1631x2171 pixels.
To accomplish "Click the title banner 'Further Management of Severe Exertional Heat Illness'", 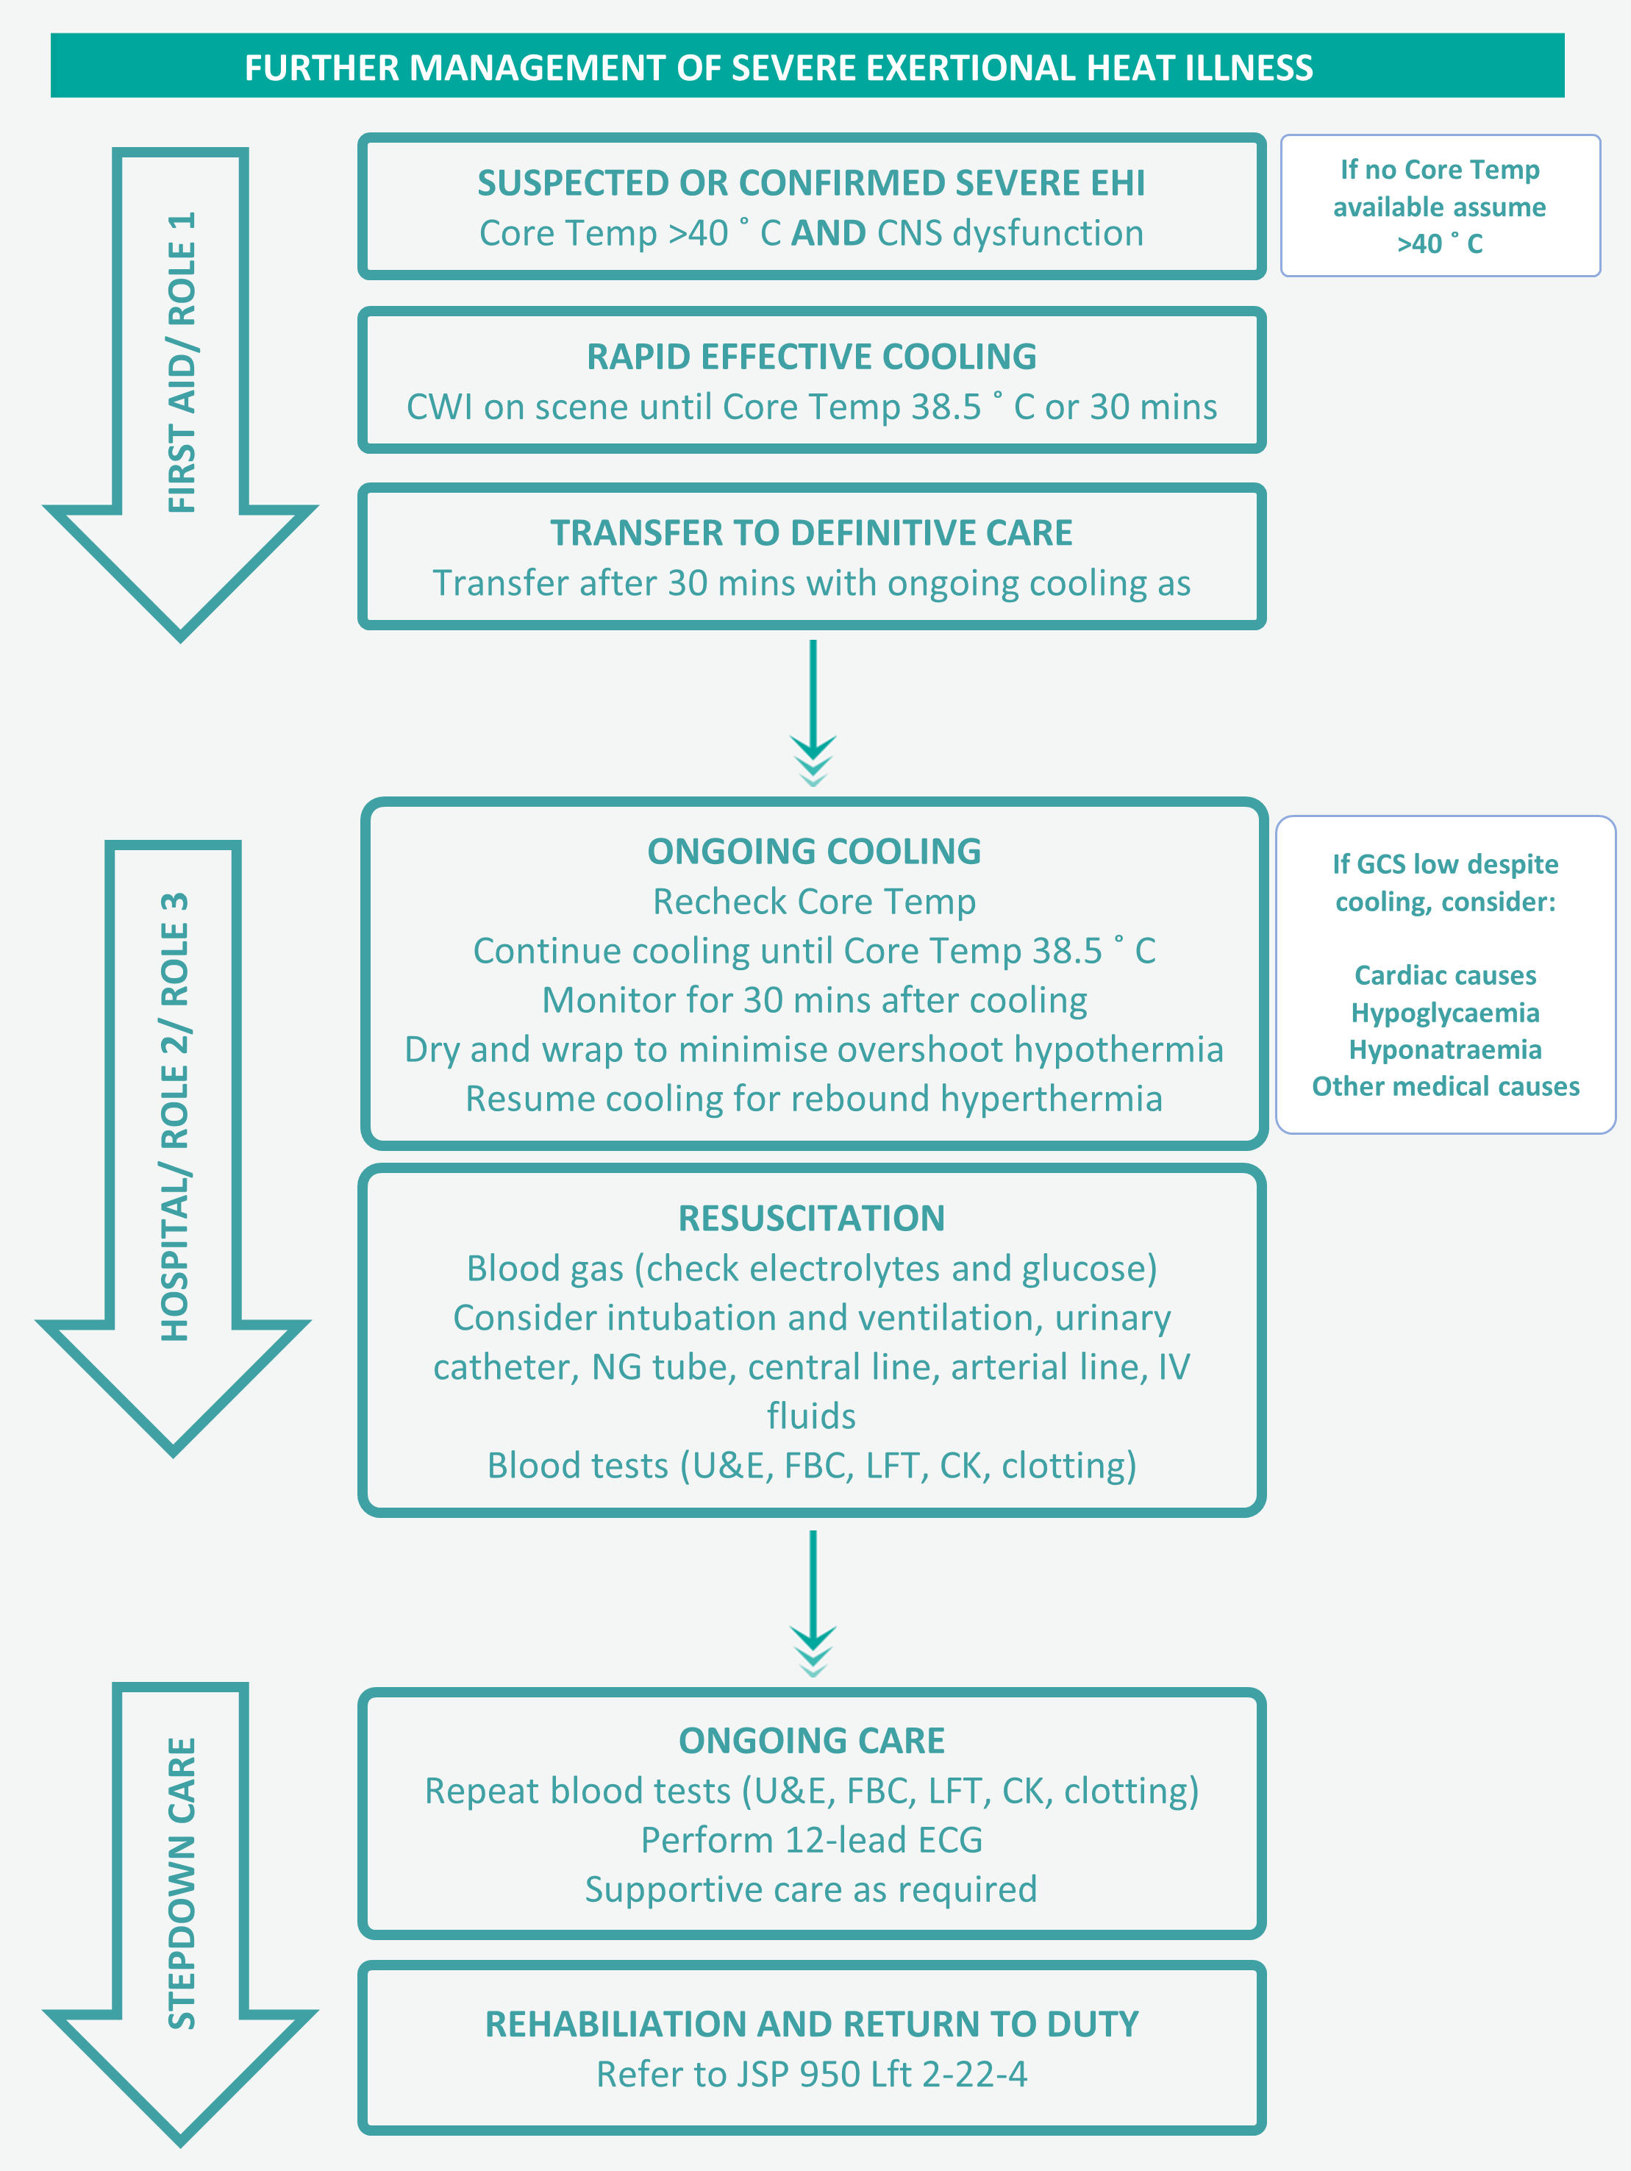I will pos(778,68).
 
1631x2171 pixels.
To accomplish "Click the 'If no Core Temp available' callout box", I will pos(1440,206).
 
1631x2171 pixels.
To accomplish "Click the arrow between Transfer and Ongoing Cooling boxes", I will pos(813,712).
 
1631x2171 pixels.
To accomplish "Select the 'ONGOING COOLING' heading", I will pos(813,852).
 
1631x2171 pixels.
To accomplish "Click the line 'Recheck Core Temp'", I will pos(813,902).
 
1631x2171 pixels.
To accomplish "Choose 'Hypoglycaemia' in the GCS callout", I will pos(1444,1013).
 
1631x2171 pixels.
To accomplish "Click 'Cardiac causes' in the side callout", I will pos(1444,976).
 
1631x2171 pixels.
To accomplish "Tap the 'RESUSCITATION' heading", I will pos(812,1219).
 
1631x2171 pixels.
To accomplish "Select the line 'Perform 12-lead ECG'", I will pos(812,1840).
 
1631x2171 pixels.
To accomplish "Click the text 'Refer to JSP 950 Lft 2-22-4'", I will pos(812,2074).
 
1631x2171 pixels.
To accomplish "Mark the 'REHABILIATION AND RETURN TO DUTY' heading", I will pos(812,2024).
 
